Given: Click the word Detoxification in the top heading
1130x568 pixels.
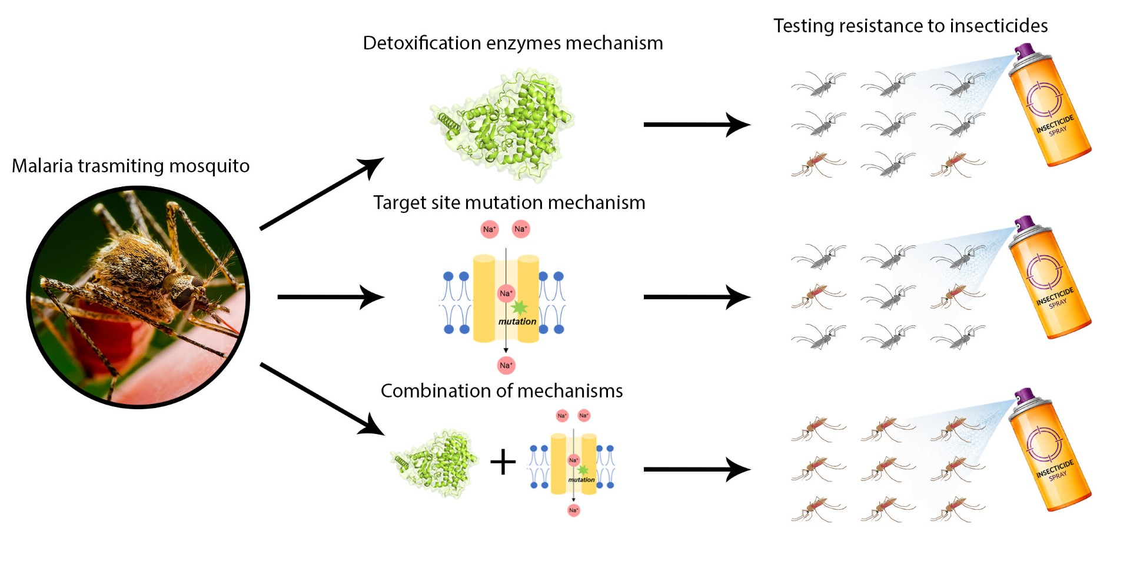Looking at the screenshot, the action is point(422,43).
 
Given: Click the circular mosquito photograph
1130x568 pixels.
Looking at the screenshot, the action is point(138,297).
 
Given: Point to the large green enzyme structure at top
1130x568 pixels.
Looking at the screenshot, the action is point(502,123).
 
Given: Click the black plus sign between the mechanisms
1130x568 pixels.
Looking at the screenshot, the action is point(503,462).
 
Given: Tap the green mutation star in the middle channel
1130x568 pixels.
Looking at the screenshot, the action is point(519,307).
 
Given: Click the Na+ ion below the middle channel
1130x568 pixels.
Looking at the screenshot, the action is point(506,365).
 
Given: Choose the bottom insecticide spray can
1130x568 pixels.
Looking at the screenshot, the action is point(1049,450).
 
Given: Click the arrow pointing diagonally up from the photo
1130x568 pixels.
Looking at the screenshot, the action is point(322,193).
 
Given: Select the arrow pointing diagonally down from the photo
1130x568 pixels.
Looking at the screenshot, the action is point(322,399).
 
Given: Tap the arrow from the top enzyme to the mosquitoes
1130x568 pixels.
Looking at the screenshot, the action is point(697,125).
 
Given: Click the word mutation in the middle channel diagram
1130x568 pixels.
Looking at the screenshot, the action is point(517,322).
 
